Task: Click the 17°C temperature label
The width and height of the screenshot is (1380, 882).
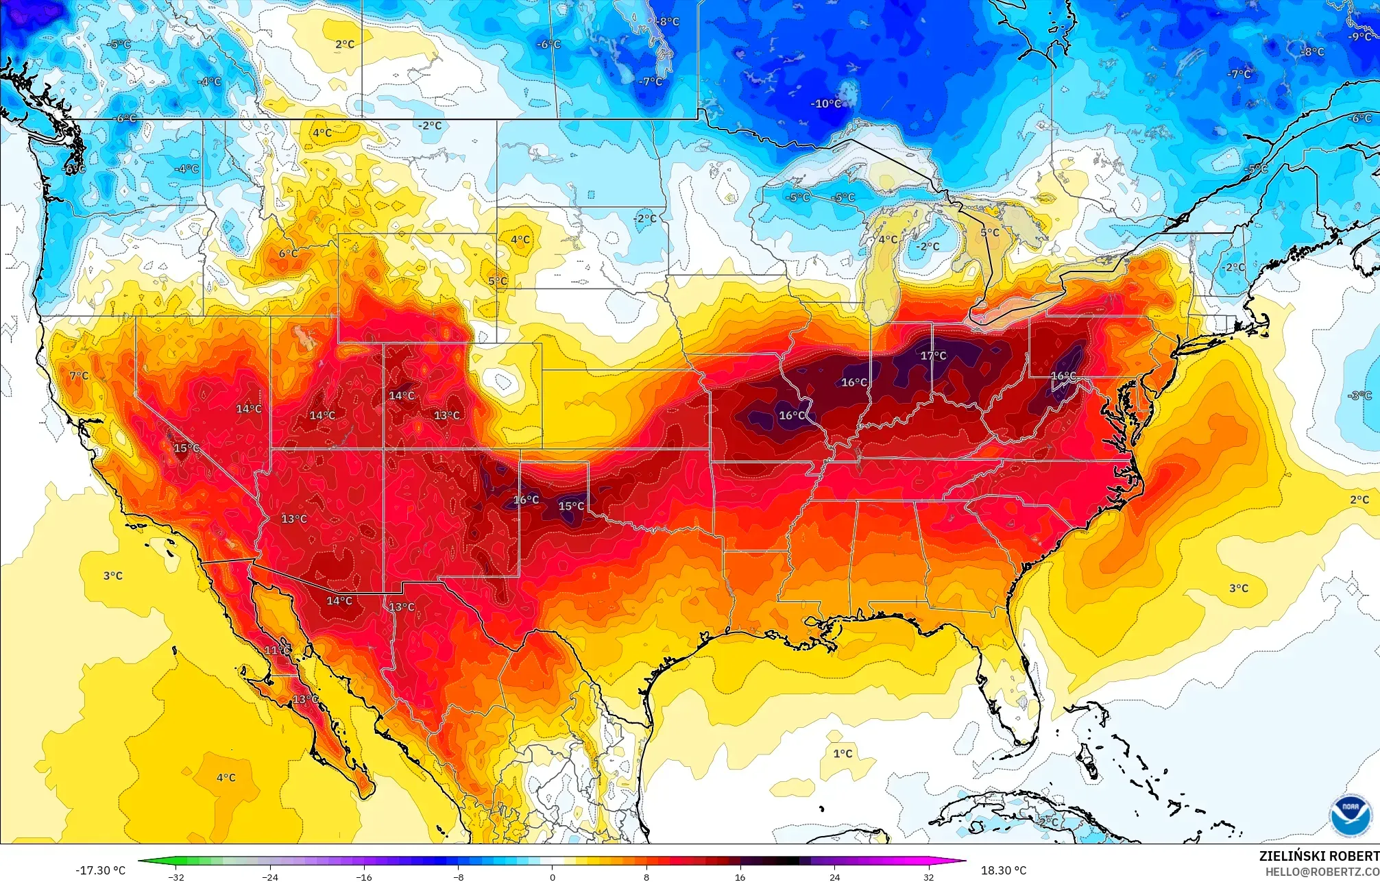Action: point(933,356)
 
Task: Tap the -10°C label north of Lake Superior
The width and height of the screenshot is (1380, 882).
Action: point(826,104)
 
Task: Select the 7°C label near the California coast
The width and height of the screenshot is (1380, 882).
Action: point(79,376)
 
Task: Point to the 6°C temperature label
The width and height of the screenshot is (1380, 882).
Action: point(288,254)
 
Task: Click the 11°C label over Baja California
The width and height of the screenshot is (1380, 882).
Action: point(277,650)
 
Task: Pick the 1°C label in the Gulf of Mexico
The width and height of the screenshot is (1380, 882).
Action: point(843,754)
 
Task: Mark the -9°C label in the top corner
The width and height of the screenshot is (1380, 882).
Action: point(1359,37)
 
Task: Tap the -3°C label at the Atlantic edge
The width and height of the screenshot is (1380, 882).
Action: point(1359,395)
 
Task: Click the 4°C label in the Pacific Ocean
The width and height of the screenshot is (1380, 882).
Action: point(226,778)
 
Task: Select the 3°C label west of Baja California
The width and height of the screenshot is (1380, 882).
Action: point(113,576)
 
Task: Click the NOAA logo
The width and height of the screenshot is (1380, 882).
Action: point(1350,816)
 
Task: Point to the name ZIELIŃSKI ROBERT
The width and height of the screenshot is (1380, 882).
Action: point(1318,856)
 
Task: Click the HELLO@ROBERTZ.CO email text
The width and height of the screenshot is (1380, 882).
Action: point(1322,872)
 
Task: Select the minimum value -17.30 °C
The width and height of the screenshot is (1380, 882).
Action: point(100,870)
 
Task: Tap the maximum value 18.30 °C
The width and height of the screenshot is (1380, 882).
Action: point(1004,870)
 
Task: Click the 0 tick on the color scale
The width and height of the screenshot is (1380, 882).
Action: point(553,877)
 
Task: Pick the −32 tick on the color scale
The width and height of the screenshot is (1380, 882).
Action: point(176,877)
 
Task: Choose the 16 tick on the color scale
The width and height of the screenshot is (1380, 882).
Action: point(740,877)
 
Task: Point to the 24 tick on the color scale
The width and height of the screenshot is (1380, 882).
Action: point(834,877)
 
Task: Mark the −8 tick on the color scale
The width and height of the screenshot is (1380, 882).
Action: point(458,877)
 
